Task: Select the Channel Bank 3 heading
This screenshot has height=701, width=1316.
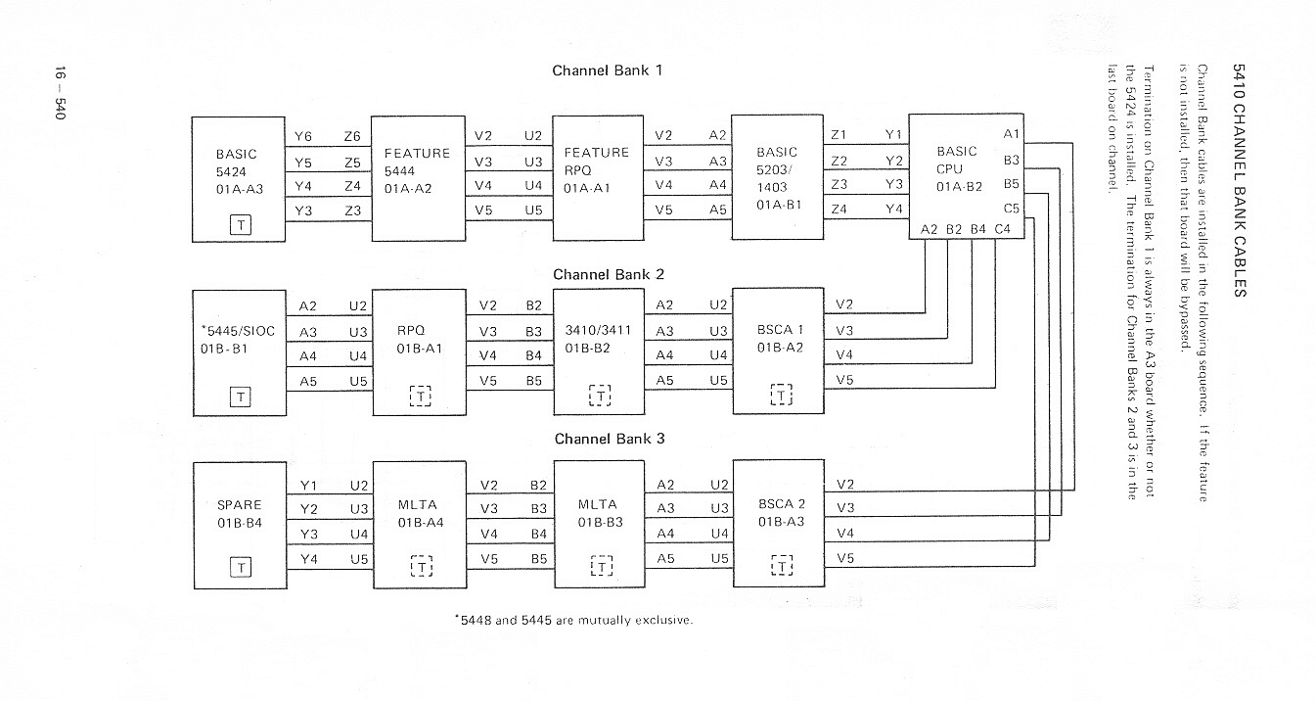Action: pos(609,439)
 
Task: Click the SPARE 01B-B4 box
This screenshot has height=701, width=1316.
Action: pos(240,525)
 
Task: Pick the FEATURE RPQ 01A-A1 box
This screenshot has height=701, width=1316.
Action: pos(598,177)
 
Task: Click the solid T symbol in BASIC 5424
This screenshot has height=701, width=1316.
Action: pos(240,224)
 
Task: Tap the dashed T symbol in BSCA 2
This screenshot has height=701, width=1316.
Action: pos(782,566)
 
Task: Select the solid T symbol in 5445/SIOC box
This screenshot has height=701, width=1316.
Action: pos(240,397)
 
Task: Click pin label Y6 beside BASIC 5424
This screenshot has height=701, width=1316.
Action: pos(303,136)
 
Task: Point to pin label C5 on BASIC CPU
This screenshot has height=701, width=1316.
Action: pos(1011,209)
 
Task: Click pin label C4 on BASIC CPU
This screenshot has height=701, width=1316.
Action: pos(1002,229)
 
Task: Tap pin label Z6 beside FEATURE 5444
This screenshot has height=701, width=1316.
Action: pos(352,136)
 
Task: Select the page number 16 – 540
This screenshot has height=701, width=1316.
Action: pos(59,94)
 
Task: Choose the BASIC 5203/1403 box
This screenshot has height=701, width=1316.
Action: pos(778,177)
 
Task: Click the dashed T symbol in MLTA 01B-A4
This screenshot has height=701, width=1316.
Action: pos(421,566)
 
